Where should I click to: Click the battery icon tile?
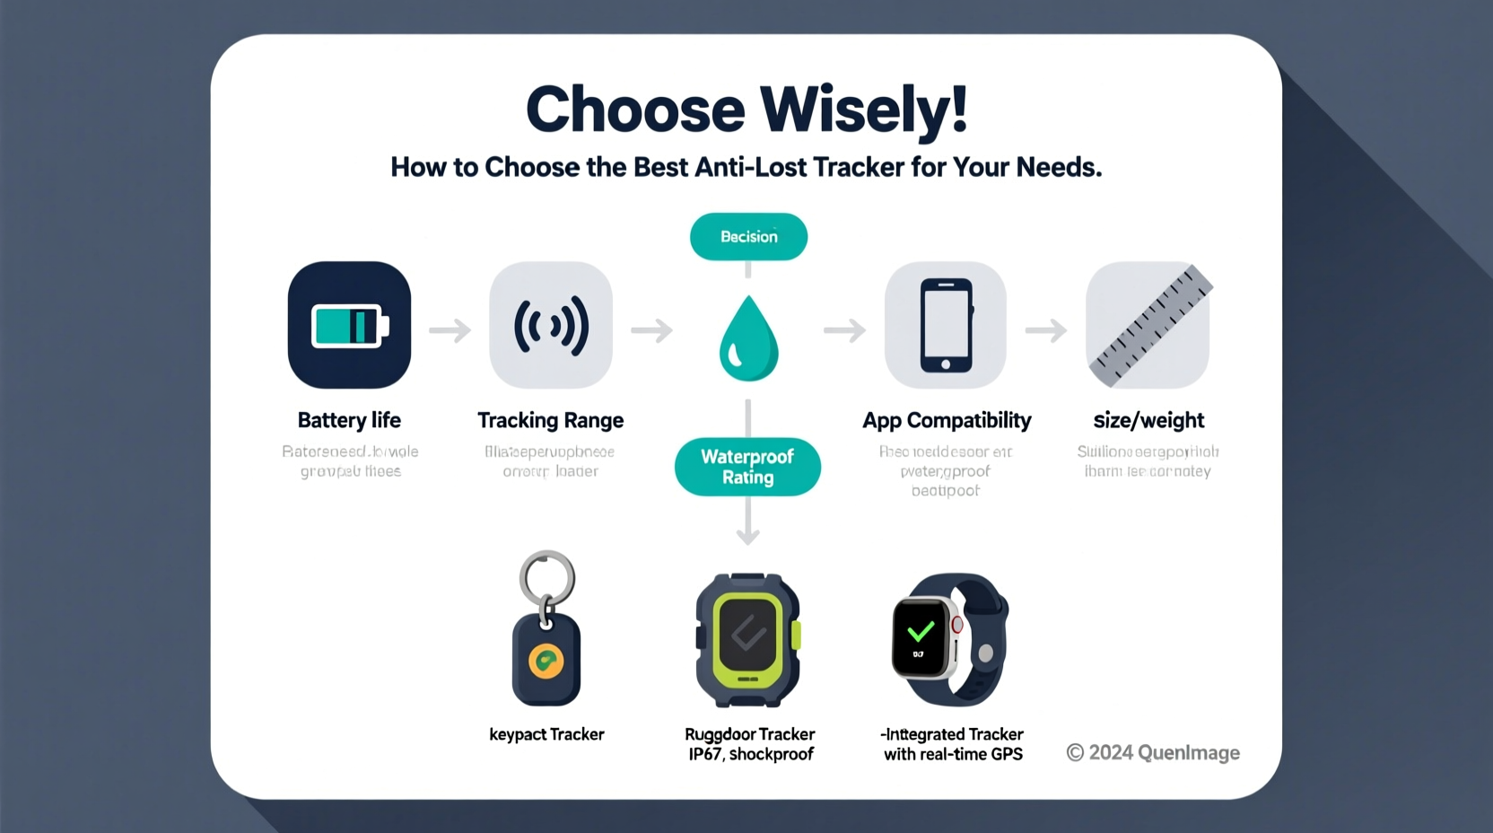pos(349,325)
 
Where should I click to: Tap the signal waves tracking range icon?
pos(551,325)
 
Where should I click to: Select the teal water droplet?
pos(748,339)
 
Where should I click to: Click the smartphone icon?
pos(946,325)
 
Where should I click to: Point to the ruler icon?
pos(1148,325)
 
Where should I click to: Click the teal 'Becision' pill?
pos(748,237)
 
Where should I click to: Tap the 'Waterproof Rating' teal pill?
pos(747,467)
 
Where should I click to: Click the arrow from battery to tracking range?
pos(450,330)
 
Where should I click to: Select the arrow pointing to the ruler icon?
pos(1046,330)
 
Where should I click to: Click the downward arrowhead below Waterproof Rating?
pos(747,536)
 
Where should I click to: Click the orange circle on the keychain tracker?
pos(546,662)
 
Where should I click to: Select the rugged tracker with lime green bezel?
pos(748,639)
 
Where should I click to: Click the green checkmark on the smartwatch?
pos(921,632)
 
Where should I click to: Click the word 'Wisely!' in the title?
pos(864,110)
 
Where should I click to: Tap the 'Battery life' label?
pos(349,420)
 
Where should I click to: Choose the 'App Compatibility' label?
pos(947,420)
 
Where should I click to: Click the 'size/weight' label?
pos(1148,420)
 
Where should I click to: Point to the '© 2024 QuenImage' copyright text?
pos(1153,752)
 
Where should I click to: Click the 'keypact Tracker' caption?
pos(546,734)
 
